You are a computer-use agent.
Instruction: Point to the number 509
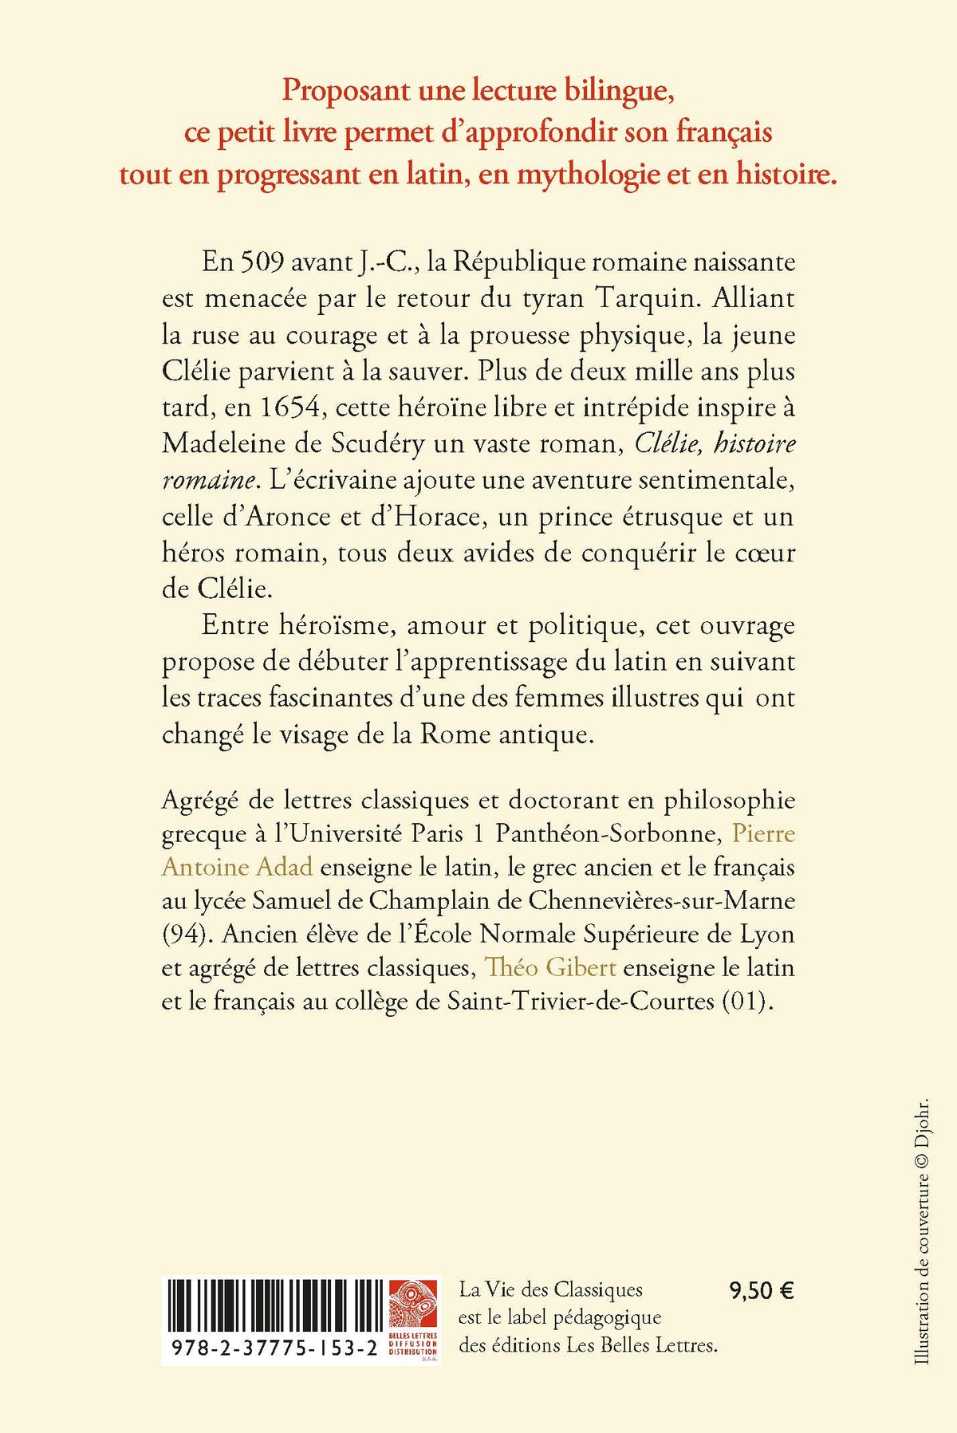click(262, 262)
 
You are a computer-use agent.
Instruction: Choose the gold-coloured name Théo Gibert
click(550, 967)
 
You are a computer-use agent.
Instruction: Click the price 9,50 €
click(761, 1291)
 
